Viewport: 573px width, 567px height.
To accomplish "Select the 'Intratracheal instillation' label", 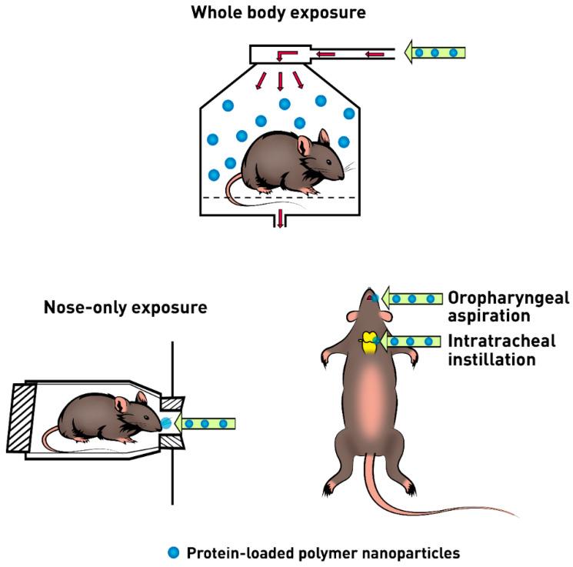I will click(x=501, y=350).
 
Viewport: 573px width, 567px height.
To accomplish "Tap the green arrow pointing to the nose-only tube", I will click(x=204, y=423).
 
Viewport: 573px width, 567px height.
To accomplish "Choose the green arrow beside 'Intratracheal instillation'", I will click(x=415, y=341).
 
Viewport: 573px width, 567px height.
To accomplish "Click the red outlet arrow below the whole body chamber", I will click(x=281, y=218).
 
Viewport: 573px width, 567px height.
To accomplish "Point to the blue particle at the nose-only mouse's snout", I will click(x=167, y=423).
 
